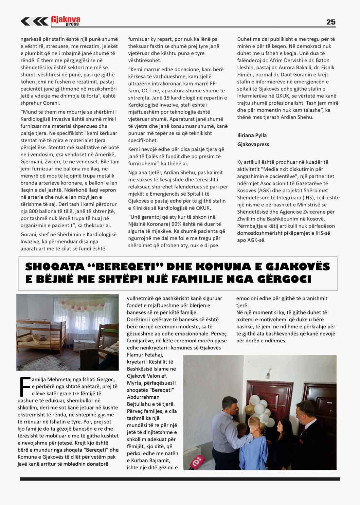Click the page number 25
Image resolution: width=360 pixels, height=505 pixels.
tap(330, 22)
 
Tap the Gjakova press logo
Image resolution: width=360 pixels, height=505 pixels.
tap(65, 21)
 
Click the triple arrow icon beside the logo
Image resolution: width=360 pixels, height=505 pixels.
tap(34, 21)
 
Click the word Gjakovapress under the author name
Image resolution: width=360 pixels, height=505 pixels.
tap(253, 144)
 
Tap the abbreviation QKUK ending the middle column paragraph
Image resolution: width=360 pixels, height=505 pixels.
tap(203, 208)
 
